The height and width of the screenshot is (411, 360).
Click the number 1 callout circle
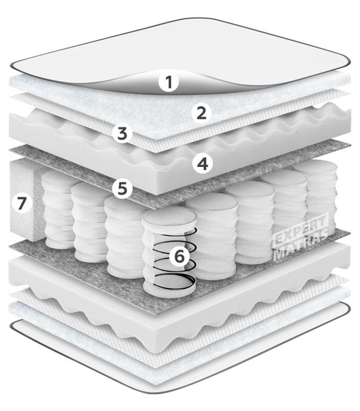click(169, 82)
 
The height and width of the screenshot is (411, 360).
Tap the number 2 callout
click(201, 113)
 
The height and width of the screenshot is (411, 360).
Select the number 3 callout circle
click(122, 133)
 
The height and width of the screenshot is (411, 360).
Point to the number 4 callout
click(202, 164)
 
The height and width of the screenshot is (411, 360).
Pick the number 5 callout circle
click(122, 188)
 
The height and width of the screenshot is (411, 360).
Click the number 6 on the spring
click(179, 256)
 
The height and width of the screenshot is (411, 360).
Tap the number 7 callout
click(22, 203)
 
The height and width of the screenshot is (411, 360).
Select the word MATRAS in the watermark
click(300, 246)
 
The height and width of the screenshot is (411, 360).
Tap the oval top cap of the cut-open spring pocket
click(169, 218)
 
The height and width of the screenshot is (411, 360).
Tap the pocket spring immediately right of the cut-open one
click(214, 236)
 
